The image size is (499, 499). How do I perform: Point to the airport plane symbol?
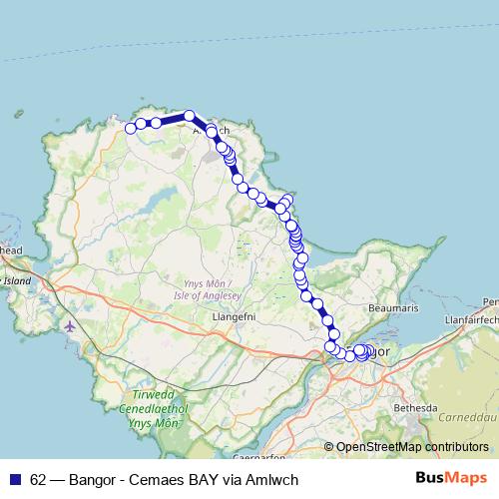[69, 325]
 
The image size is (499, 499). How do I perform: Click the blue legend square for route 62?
[15, 478]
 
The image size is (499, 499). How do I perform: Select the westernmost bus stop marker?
[130, 128]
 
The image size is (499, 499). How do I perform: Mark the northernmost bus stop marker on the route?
[189, 116]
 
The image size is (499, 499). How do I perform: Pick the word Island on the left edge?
[18, 282]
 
